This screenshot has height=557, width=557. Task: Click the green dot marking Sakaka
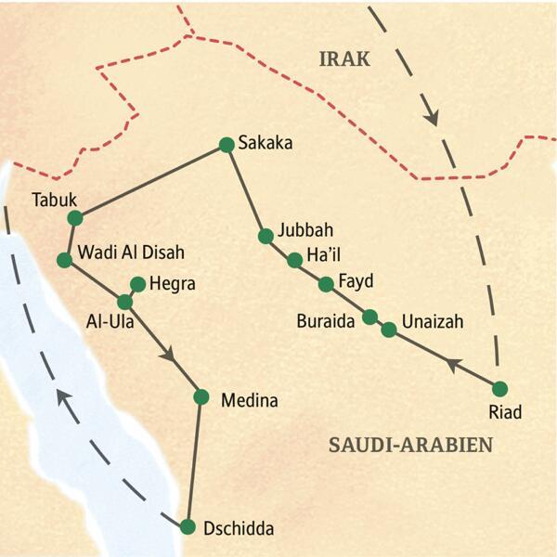pos(226,144)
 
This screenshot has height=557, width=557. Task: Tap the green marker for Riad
pos(500,388)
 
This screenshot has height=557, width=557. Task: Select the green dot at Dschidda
pos(188,527)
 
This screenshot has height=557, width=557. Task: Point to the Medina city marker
pos(201,396)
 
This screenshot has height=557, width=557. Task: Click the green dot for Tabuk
pos(75,218)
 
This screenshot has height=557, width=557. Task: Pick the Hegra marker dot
pos(138,284)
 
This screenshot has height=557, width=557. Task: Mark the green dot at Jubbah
pos(266,236)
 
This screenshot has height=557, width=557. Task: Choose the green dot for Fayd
pos(326,283)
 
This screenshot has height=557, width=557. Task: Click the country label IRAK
pos(344,59)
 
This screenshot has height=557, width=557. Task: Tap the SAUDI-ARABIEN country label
pos(409,446)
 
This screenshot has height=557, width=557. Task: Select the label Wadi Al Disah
pos(131,252)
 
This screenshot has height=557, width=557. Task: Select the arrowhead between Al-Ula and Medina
pos(168,355)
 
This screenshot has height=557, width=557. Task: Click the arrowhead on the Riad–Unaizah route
pos(451,364)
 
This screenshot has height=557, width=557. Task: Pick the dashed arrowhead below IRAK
pos(431,117)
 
